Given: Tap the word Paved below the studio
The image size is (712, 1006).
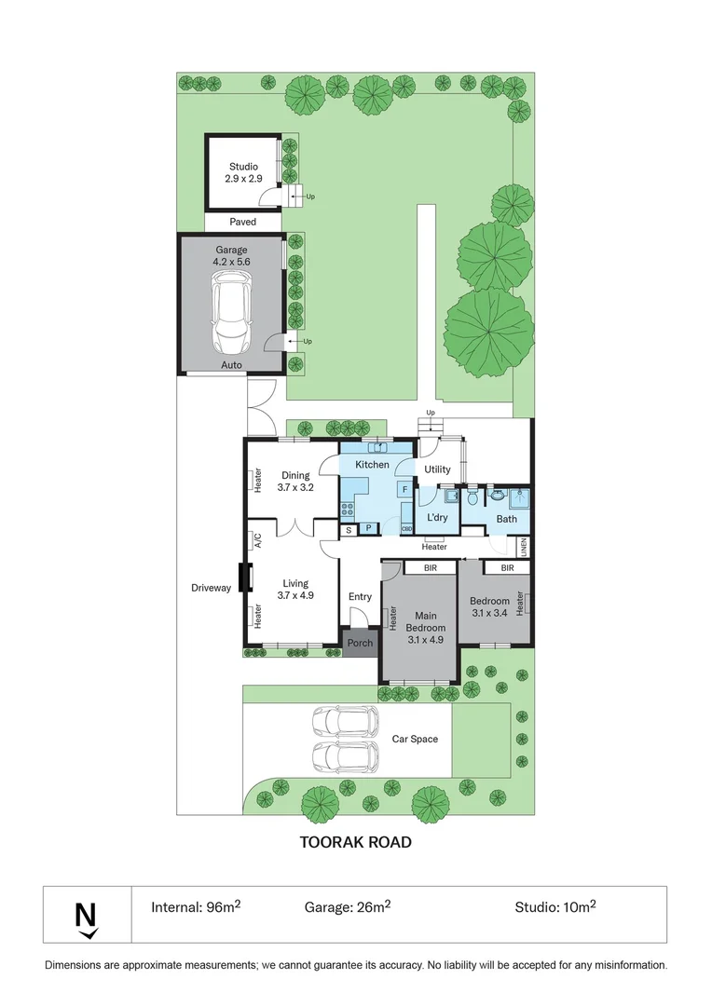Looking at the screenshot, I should (242, 222).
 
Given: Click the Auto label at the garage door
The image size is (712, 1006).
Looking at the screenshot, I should (231, 365).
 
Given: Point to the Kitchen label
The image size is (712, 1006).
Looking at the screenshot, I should (372, 464).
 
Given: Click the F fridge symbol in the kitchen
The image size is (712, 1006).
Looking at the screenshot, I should (404, 488).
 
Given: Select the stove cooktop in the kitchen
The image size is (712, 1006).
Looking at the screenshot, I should (348, 509).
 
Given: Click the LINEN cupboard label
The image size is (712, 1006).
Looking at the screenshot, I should (525, 547).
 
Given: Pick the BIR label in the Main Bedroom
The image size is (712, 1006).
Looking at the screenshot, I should (431, 567).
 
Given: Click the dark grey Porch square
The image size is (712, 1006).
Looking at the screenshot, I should (360, 643).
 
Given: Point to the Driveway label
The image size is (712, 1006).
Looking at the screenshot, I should (211, 588).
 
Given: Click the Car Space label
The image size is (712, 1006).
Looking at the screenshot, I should (415, 739).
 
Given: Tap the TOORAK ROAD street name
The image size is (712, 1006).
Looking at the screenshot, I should (355, 842).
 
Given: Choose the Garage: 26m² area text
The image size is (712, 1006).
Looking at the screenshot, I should (347, 906).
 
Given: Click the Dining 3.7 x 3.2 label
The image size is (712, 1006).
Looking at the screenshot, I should (294, 481).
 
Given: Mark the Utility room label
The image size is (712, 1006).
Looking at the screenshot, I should (437, 469).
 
